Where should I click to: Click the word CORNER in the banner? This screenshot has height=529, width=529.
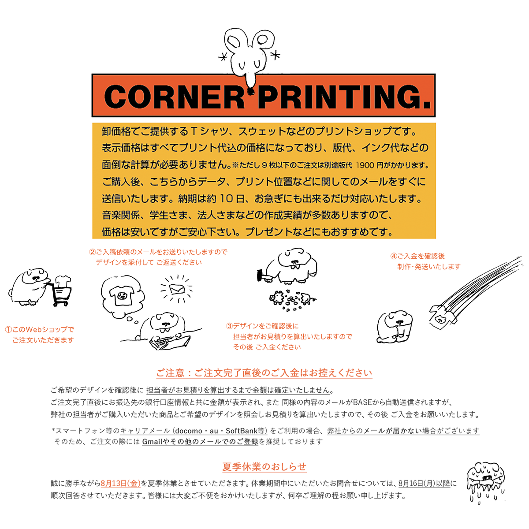coord(174,97)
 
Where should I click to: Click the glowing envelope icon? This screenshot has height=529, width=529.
coord(178,289)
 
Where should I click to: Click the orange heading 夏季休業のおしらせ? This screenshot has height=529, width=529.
coord(264,466)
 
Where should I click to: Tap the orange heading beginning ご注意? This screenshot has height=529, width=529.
coord(264,373)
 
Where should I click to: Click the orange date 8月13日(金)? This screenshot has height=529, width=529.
coord(120,483)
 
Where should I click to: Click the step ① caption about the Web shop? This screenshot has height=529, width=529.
coord(40,335)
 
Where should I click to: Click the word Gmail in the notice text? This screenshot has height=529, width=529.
coord(152,442)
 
